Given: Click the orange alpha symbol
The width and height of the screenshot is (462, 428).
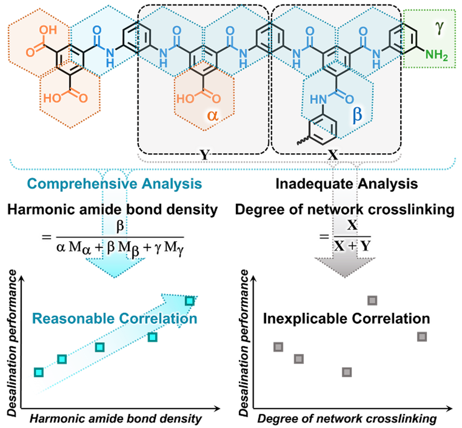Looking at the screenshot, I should tap(212, 115).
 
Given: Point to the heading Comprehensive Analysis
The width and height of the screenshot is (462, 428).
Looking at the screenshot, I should tap(115, 184).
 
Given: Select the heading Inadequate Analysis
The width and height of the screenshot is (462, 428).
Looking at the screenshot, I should tap(346, 184).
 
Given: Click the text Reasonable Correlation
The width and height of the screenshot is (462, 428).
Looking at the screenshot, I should tap(115, 319).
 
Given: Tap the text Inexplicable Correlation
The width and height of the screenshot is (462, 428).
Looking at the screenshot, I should tap(346, 319).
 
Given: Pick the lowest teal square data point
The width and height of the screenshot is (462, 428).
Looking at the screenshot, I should tap(38, 371).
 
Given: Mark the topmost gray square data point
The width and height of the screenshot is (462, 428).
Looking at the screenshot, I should tap(372, 300).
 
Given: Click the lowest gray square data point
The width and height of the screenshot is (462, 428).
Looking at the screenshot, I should tap(347, 372).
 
